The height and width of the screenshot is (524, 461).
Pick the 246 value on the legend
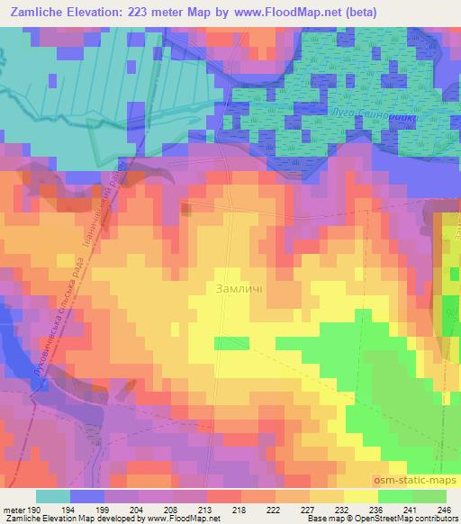[x=444, y=510]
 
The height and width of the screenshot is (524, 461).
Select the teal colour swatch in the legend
[x=53, y=496]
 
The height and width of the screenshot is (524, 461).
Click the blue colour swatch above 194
[x=87, y=496]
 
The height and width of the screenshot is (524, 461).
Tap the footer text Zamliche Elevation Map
[x=45, y=519]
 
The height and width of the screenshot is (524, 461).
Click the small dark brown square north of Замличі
[x=185, y=210]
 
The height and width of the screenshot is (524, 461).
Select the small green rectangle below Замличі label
[x=228, y=343]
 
